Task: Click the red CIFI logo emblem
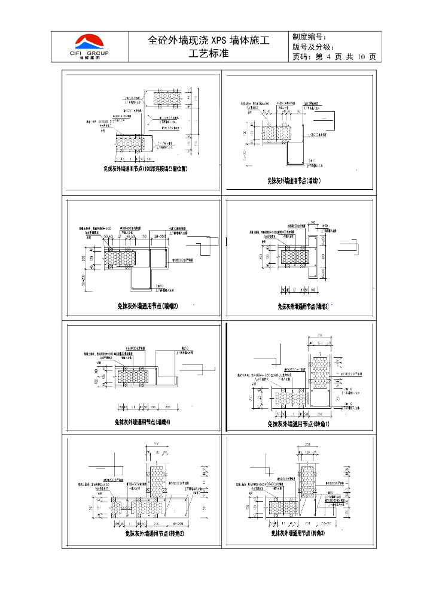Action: point(89,41)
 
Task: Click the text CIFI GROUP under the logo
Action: point(90,53)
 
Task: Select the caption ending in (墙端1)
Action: point(294,180)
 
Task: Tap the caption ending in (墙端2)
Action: point(143,306)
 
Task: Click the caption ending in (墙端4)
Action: point(142,422)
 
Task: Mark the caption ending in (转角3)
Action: point(298,532)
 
